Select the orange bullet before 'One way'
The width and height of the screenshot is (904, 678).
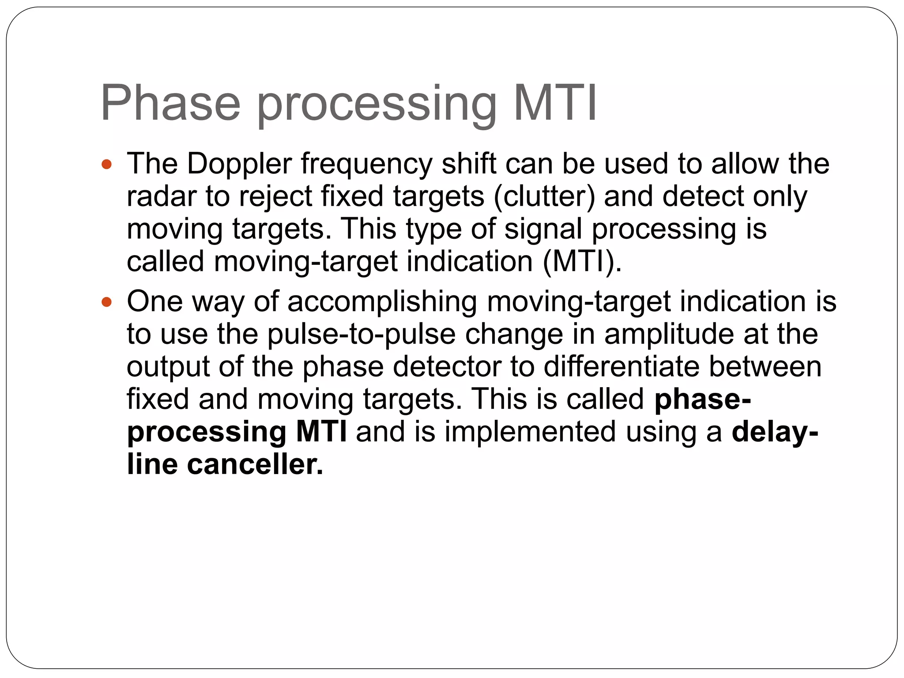107,303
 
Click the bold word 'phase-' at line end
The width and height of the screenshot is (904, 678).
702,399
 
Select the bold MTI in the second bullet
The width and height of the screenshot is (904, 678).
321,432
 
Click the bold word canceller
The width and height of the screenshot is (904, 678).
255,464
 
